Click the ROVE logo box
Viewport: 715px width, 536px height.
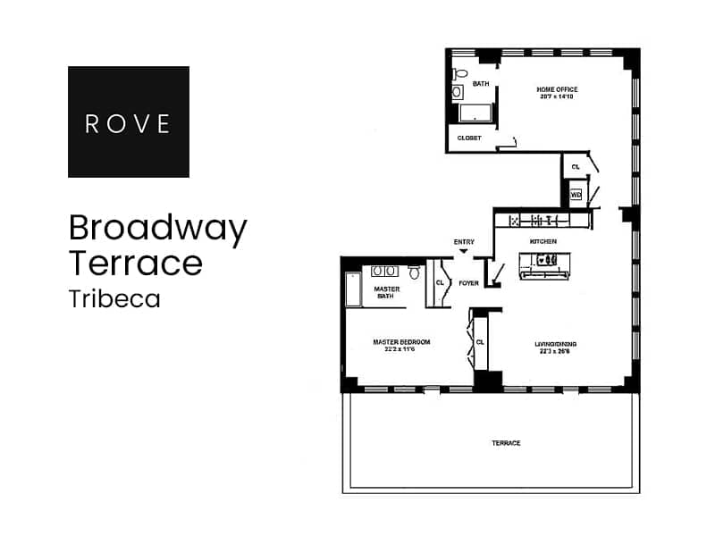pyautogui.click(x=129, y=121)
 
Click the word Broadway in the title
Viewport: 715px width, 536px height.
pyautogui.click(x=157, y=230)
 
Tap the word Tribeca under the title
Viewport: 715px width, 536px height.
pyautogui.click(x=114, y=299)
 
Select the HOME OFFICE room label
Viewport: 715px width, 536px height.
pyautogui.click(x=557, y=89)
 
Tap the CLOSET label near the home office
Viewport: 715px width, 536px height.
pyautogui.click(x=469, y=138)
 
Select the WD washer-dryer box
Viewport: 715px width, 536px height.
pyautogui.click(x=576, y=194)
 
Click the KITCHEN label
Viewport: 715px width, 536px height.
pyautogui.click(x=543, y=242)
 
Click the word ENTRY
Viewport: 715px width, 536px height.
pyautogui.click(x=464, y=242)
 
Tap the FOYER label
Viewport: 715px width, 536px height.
pyautogui.click(x=468, y=283)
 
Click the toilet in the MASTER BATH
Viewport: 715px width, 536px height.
pyautogui.click(x=415, y=272)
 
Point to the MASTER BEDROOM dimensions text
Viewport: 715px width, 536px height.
pyautogui.click(x=401, y=349)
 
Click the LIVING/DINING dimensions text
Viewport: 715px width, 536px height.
pyautogui.click(x=554, y=351)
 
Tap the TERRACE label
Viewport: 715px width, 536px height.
pyautogui.click(x=506, y=443)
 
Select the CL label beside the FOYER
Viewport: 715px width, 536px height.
pyautogui.click(x=439, y=283)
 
